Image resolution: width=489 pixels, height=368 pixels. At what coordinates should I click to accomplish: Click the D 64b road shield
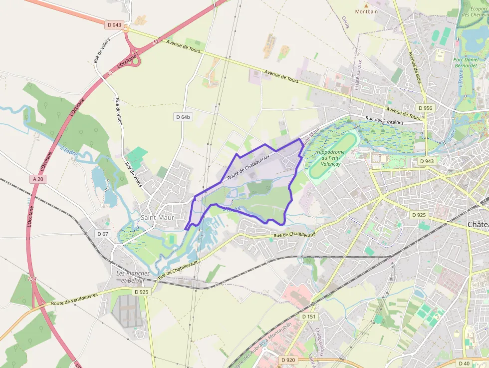pyautogui.click(x=183, y=117)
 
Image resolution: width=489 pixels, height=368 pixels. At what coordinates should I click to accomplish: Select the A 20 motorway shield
pyautogui.click(x=38, y=179)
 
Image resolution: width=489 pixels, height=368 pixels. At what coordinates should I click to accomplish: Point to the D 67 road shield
pyautogui.click(x=102, y=234)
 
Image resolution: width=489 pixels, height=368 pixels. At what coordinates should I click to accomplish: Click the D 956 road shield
pyautogui.click(x=425, y=108)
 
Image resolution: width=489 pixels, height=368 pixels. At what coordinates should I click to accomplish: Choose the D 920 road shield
pyautogui.click(x=288, y=360)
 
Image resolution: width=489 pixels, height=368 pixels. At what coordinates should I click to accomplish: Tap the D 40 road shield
pyautogui.click(x=464, y=364)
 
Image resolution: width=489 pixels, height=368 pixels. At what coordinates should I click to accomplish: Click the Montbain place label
pyautogui.click(x=366, y=11)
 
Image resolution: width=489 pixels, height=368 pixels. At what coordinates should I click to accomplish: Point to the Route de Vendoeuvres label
pyautogui.click(x=74, y=299)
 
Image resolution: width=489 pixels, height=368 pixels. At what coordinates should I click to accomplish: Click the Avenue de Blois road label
pyautogui.click(x=415, y=67)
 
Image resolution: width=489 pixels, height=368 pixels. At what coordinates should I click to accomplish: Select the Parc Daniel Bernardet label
pyautogui.click(x=465, y=62)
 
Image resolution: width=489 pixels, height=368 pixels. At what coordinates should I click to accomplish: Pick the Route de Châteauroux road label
pyautogui.click(x=248, y=166)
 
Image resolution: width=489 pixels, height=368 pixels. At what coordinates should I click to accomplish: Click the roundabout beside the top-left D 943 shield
pyautogui.click(x=126, y=29)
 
